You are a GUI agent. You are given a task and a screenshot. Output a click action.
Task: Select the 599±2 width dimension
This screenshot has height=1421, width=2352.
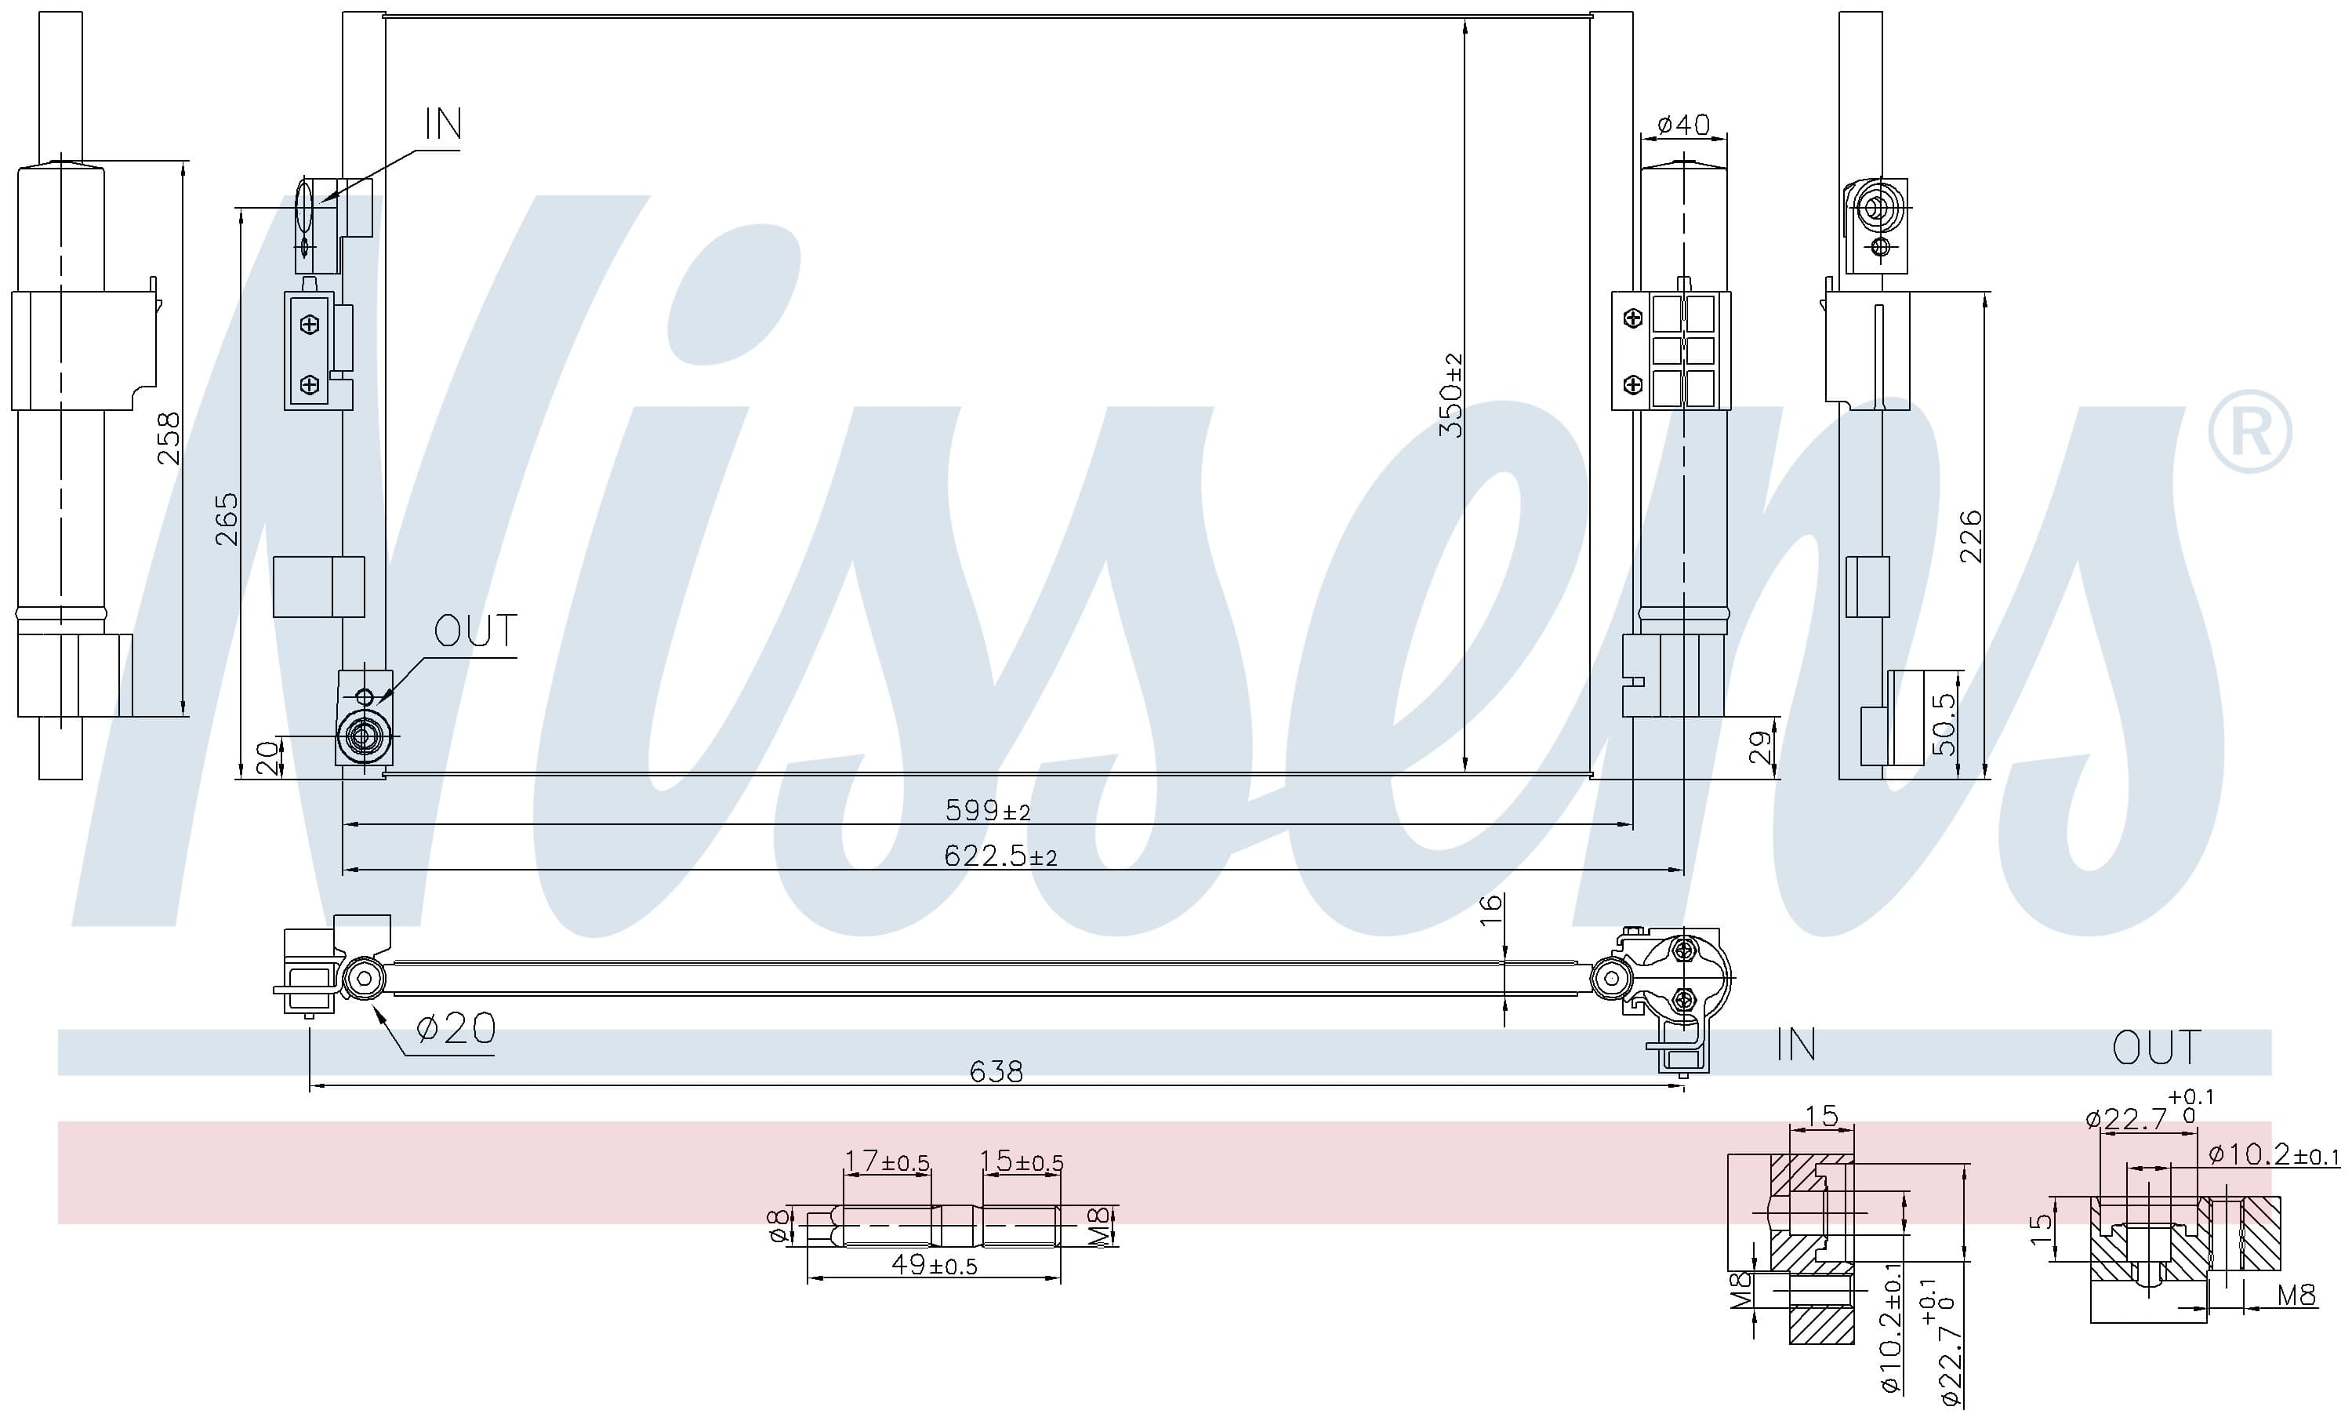988,810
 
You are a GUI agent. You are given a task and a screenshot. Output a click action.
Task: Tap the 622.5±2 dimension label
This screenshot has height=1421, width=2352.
1000,856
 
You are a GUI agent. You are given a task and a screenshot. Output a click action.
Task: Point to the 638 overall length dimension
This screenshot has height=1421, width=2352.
996,1071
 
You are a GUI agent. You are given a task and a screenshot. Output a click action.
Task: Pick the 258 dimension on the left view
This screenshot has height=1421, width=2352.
168,438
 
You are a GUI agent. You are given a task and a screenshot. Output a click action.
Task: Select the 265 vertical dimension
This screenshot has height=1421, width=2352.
227,518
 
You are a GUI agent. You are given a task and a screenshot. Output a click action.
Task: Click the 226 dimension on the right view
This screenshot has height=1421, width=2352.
1970,536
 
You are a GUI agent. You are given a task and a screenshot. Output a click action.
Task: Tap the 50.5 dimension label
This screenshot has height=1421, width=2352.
1944,723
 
